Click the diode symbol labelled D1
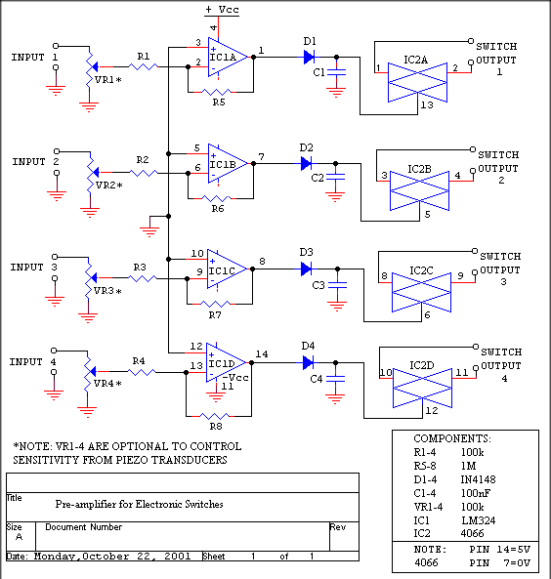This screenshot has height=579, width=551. pyautogui.click(x=309, y=58)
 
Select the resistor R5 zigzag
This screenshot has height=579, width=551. pyautogui.click(x=217, y=92)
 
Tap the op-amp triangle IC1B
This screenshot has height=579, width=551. pyautogui.click(x=228, y=163)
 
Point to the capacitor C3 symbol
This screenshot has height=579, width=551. pyautogui.click(x=337, y=285)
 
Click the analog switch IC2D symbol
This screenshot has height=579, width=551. pyautogui.click(x=422, y=388)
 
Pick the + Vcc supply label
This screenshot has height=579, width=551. pyautogui.click(x=222, y=10)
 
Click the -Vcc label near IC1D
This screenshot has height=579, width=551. pyautogui.click(x=235, y=378)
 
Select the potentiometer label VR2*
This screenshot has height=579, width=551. pyautogui.click(x=108, y=186)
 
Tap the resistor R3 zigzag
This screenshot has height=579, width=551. pyautogui.click(x=142, y=278)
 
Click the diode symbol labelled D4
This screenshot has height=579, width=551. pyautogui.click(x=308, y=362)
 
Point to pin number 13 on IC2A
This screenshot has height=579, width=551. pyautogui.click(x=427, y=104)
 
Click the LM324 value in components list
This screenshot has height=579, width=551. pyautogui.click(x=478, y=520)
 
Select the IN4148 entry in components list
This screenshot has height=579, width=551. pyautogui.click(x=478, y=479)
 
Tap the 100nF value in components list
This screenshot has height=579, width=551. pyautogui.click(x=475, y=493)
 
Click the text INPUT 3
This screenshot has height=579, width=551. pyautogui.click(x=33, y=267)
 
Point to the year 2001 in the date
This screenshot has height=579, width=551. pyautogui.click(x=178, y=557)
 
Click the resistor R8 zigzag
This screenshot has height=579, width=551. pyautogui.click(x=214, y=416)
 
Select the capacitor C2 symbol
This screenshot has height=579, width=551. pyautogui.click(x=335, y=178)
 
